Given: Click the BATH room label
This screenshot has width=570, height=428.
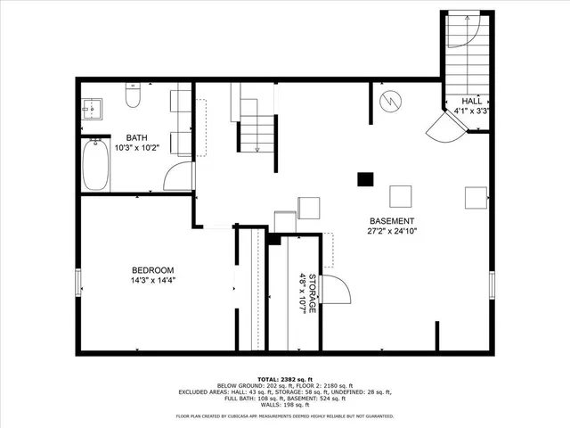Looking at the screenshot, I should click(136, 137).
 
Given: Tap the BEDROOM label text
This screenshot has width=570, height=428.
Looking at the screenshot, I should click(152, 270).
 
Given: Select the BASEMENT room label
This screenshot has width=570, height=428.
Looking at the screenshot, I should click(392, 221).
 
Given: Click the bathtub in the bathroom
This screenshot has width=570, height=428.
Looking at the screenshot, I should click(95, 167).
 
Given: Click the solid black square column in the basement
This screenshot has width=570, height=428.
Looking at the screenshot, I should click(364, 178).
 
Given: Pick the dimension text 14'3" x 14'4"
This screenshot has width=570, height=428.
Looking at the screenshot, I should click(152, 281).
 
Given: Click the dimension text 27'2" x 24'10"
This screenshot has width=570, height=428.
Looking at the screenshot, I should click(392, 232).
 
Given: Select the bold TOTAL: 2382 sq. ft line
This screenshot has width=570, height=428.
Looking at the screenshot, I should click(285, 378).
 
